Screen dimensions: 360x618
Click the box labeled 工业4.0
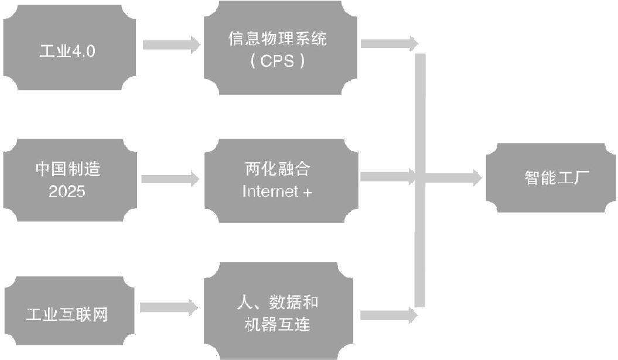pyautogui.click(x=69, y=50)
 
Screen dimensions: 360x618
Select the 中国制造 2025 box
pyautogui.click(x=69, y=180)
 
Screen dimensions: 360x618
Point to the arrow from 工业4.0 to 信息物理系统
pyautogui.click(x=170, y=44)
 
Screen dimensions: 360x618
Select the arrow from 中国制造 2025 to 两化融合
pyautogui.click(x=170, y=179)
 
